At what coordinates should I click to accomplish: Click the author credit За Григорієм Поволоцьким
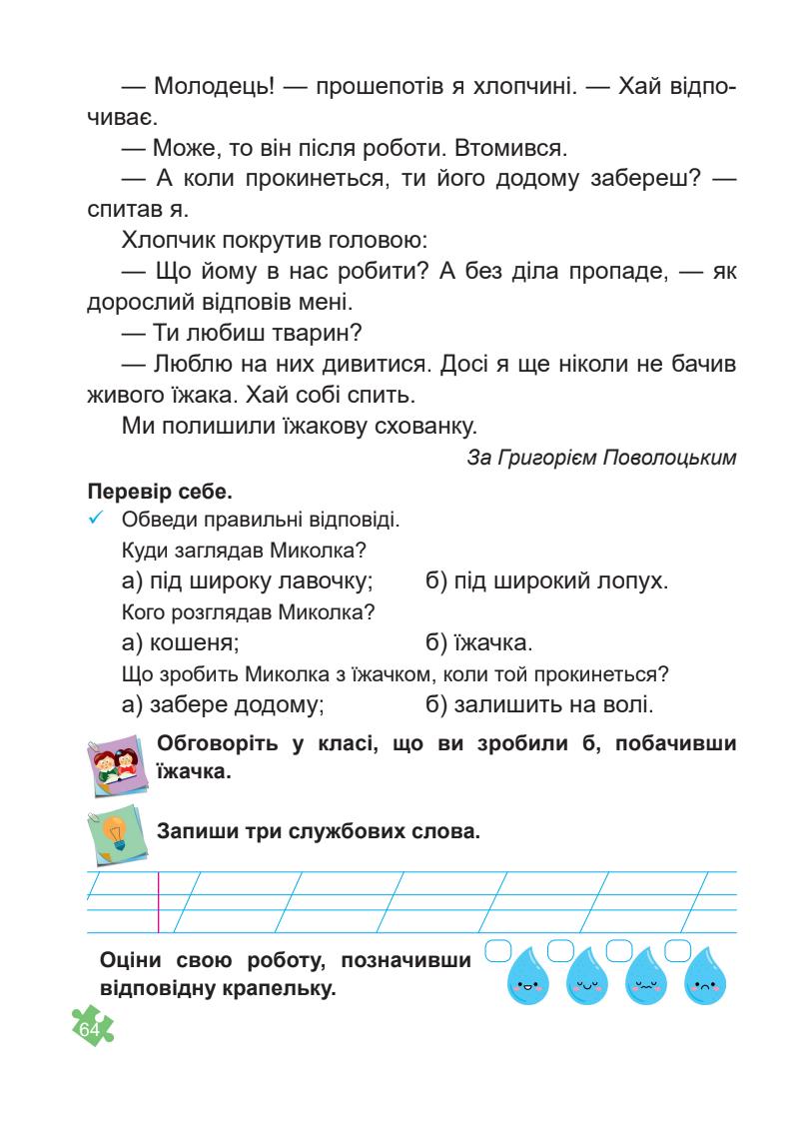click(x=601, y=459)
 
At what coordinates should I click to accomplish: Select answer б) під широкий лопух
click(x=546, y=579)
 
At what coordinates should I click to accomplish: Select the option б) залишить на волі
click(x=539, y=704)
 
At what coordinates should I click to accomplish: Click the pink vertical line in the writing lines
click(x=159, y=901)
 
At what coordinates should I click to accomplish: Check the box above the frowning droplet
click(x=678, y=949)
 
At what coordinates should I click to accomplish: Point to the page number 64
click(x=91, y=1028)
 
